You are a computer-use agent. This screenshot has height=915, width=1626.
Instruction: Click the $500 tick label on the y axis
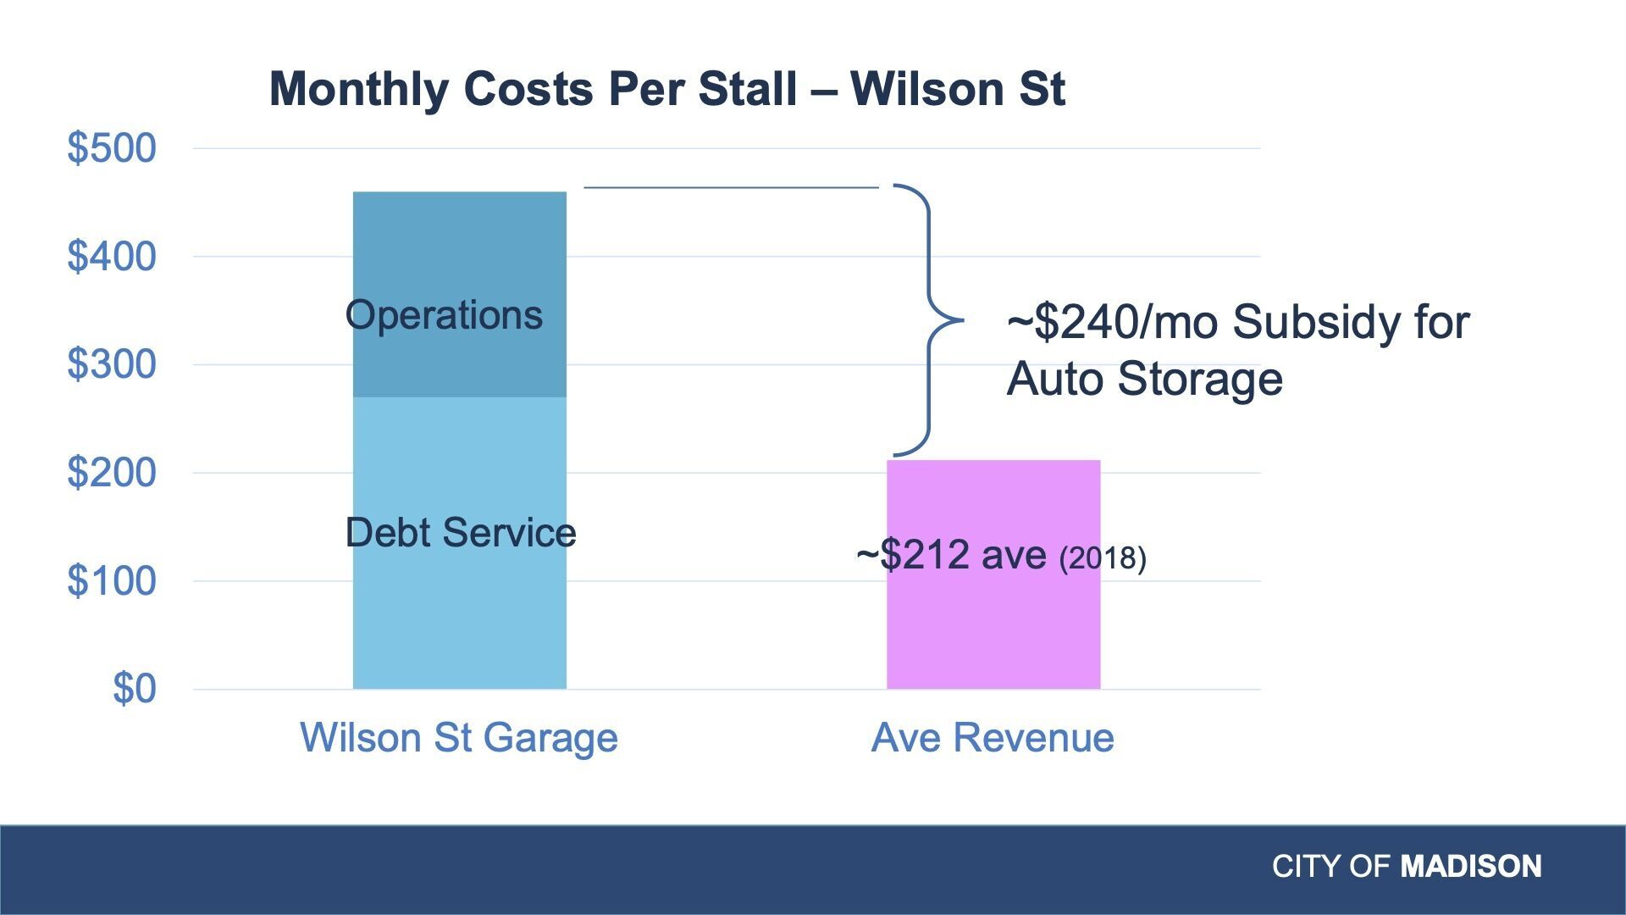click(112, 148)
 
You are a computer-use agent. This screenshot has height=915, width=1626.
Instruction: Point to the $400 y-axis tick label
click(112, 256)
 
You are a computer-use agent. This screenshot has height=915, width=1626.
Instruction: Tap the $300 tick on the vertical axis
click(112, 364)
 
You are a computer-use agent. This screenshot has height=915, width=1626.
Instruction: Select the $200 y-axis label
click(112, 472)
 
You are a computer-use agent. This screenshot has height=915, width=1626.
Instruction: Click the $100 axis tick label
click(112, 580)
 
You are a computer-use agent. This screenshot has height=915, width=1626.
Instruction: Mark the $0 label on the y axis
click(135, 688)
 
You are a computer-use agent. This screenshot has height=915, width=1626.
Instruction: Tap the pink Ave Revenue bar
click(993, 627)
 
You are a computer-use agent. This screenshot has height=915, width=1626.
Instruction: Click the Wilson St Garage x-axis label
click(459, 737)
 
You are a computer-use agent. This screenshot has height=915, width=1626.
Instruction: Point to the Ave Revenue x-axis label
click(993, 737)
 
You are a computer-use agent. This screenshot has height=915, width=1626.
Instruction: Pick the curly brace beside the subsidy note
click(928, 320)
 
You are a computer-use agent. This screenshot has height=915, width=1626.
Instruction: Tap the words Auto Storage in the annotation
click(1144, 378)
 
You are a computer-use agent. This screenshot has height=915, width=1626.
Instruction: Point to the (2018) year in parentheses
click(1103, 558)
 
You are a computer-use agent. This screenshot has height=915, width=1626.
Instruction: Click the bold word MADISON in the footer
click(1470, 866)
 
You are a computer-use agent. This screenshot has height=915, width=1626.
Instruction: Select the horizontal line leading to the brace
click(731, 187)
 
